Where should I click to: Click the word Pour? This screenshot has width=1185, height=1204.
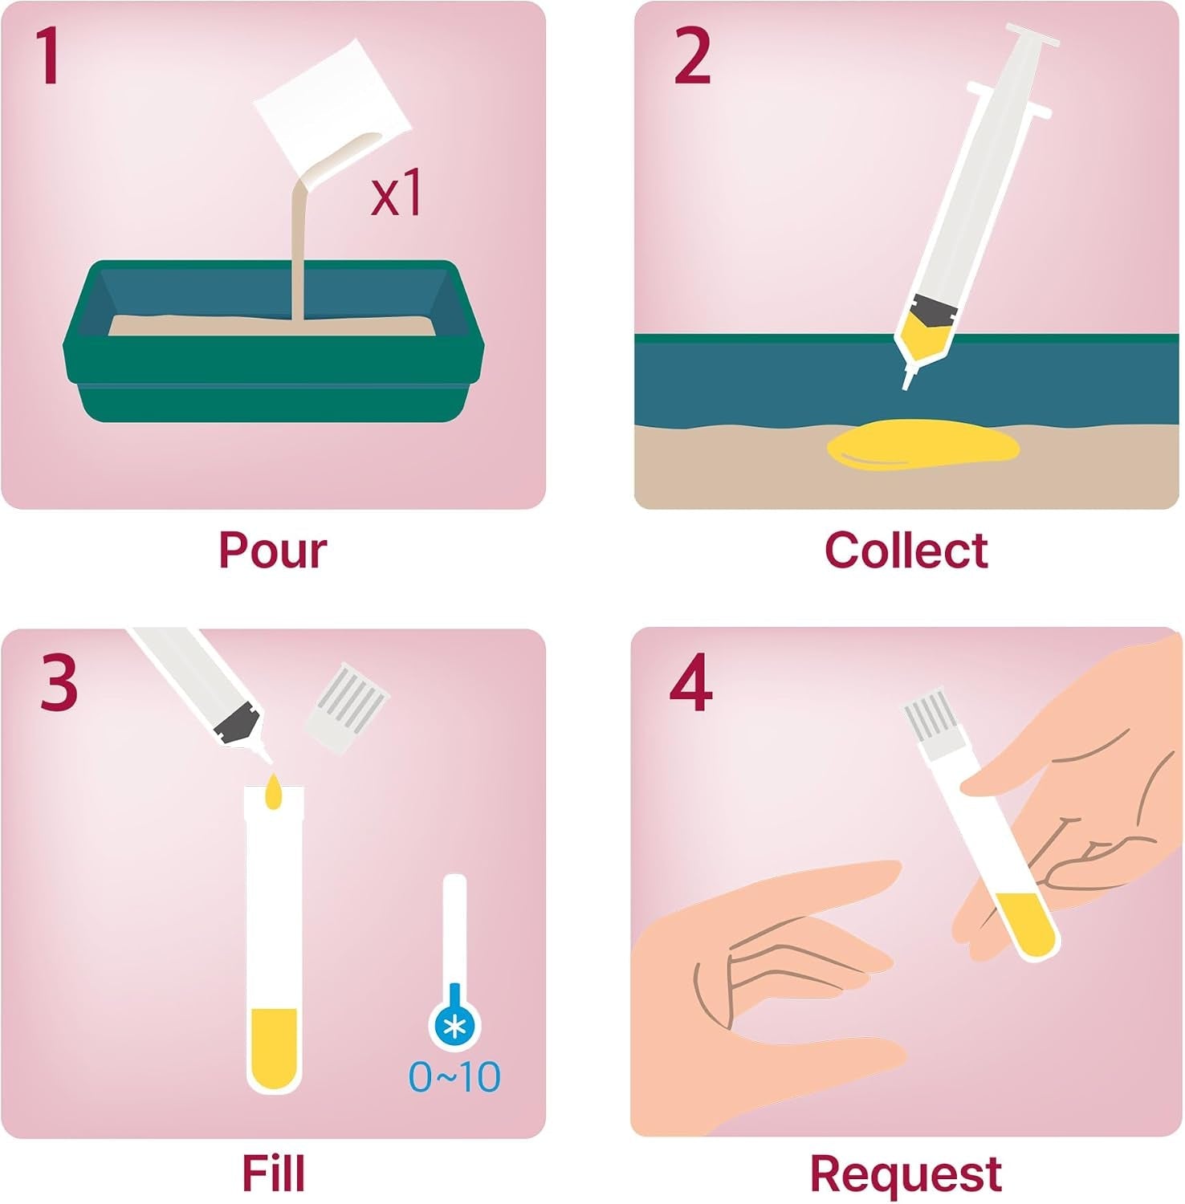pos(273,551)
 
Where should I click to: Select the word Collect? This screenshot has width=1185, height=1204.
pos(906,551)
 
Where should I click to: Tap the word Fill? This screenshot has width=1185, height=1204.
pos(273,1173)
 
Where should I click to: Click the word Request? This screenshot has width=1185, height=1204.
pos(906,1175)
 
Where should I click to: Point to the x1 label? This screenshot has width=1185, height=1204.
pos(397,195)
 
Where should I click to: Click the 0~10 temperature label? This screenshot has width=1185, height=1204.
pos(454,1077)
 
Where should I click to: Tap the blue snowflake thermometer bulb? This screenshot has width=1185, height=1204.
pos(455,1024)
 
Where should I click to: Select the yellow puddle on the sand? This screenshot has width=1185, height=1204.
pos(923,445)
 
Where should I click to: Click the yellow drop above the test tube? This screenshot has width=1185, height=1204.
pos(274,791)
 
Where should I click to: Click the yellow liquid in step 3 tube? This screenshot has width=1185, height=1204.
pos(274,1047)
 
